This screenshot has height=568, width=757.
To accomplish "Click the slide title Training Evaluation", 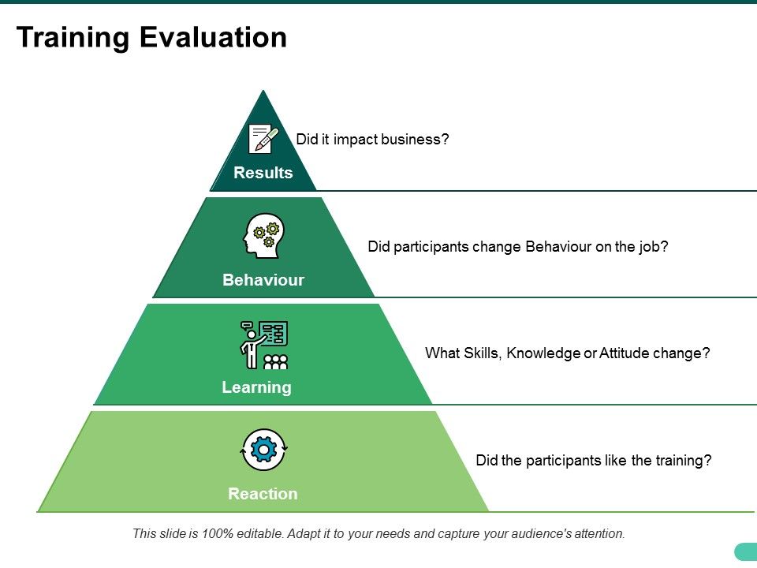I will (x=151, y=37).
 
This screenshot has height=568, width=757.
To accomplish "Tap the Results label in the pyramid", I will (x=263, y=173).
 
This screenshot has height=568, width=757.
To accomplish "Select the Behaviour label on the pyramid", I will (x=263, y=280).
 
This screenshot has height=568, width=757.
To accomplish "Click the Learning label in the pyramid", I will (x=256, y=387).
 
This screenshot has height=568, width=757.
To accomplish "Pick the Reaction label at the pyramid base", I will (x=263, y=494).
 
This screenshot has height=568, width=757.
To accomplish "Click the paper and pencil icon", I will (x=263, y=139).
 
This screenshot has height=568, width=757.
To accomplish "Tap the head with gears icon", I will (x=263, y=234).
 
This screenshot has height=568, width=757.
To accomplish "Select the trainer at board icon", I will (x=263, y=345).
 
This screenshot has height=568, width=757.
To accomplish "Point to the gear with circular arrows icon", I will (x=263, y=449).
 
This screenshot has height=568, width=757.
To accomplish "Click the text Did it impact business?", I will (x=372, y=140).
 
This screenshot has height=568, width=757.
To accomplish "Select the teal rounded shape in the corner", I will (x=746, y=551).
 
